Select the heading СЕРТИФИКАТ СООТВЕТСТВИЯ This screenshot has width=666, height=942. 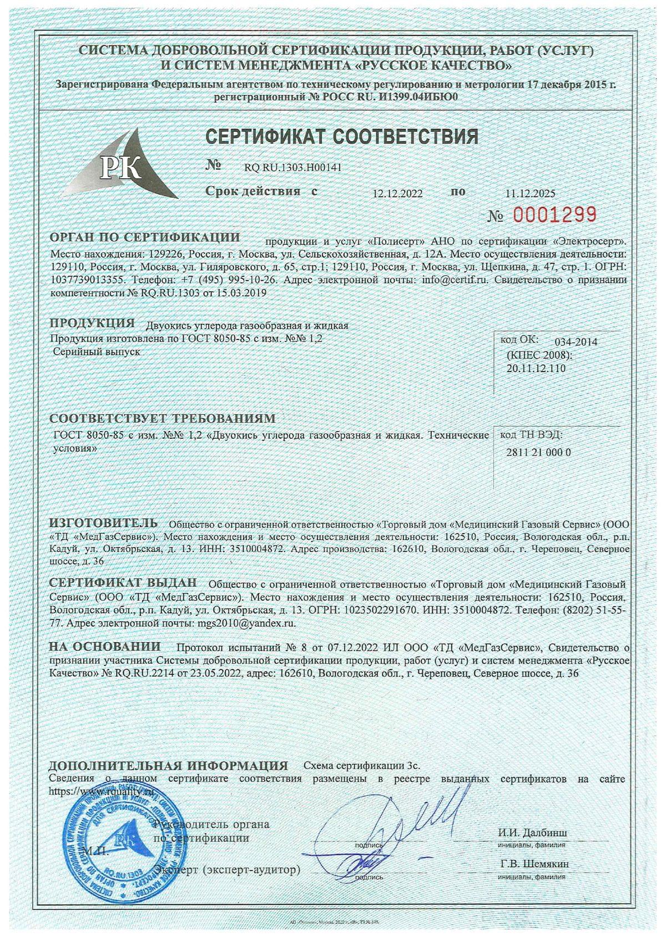tap(341, 136)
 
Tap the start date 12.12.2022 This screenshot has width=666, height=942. tap(397, 193)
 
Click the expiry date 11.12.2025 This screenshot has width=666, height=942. tap(530, 193)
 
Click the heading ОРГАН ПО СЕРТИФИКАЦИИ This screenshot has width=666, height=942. tap(145, 238)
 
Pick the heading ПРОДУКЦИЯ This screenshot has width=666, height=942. tap(92, 323)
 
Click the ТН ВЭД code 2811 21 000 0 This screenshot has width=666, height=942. tap(539, 452)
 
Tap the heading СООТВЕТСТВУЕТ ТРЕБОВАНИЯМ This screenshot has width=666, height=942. tap(162, 418)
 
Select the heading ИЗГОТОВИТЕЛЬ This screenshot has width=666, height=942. tap(104, 523)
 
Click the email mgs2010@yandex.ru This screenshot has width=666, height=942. tap(246, 623)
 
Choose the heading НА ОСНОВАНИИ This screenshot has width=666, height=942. tap(105, 647)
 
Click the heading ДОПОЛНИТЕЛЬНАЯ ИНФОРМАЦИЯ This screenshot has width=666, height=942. tap(169, 765)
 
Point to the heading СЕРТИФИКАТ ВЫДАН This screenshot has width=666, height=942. tap(123, 583)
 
